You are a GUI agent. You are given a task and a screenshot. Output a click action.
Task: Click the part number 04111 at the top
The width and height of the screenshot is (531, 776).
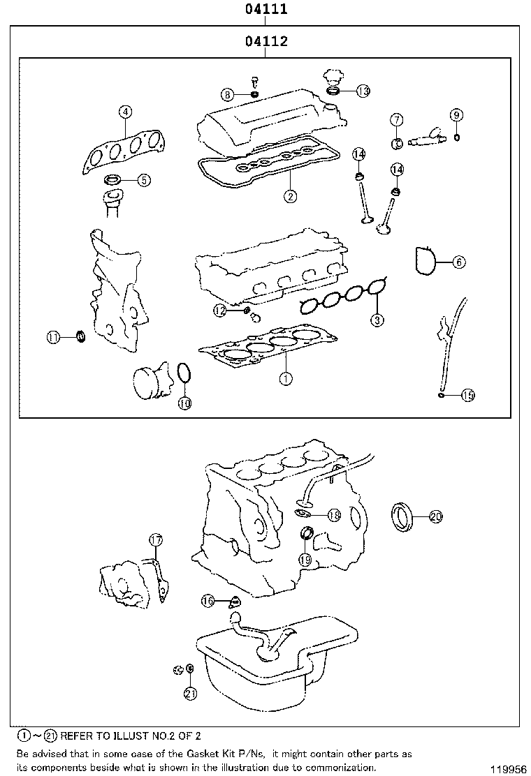point(265,10)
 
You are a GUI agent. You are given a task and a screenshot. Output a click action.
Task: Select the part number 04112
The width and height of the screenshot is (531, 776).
point(265,42)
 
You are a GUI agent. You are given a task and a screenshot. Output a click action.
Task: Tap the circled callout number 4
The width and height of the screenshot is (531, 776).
point(124,112)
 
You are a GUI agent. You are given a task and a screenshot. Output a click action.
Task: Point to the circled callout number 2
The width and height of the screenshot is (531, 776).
point(290,196)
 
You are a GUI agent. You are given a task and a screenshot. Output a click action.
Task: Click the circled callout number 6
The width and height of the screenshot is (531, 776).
point(458,262)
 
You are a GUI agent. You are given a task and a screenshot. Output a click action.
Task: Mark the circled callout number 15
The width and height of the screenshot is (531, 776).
point(467,396)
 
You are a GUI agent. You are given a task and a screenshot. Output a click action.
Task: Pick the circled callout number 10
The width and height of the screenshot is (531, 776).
point(184,403)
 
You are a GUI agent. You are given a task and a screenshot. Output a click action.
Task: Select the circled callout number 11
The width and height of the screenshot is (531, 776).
point(54,338)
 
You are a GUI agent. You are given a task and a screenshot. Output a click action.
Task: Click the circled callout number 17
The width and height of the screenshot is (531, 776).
point(155,540)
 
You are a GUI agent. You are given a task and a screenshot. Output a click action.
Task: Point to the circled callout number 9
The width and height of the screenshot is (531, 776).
point(456,115)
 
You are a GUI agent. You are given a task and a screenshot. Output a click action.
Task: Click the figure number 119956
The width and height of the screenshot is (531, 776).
point(508,769)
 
